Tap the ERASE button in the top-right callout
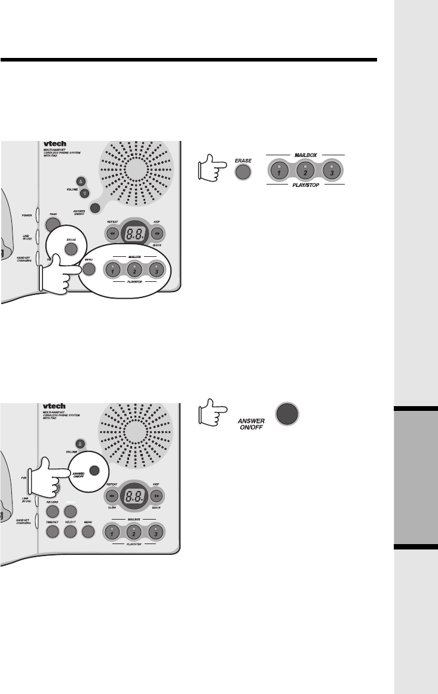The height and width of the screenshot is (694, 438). [x=242, y=172]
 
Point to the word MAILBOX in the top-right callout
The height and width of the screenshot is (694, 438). [x=305, y=155]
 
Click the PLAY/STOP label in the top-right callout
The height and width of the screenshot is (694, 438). [x=305, y=185]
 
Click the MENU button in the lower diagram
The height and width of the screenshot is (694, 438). [x=88, y=530]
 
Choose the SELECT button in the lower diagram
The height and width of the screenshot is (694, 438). [x=71, y=530]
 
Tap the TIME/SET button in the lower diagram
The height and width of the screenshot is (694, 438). [x=53, y=530]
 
